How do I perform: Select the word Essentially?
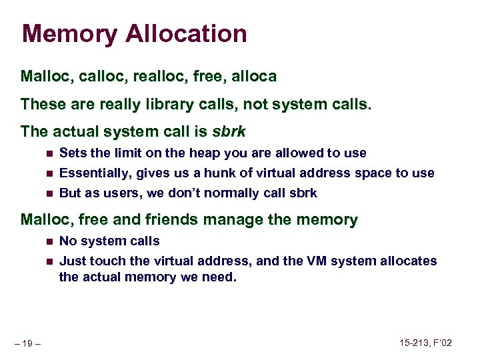95,173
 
